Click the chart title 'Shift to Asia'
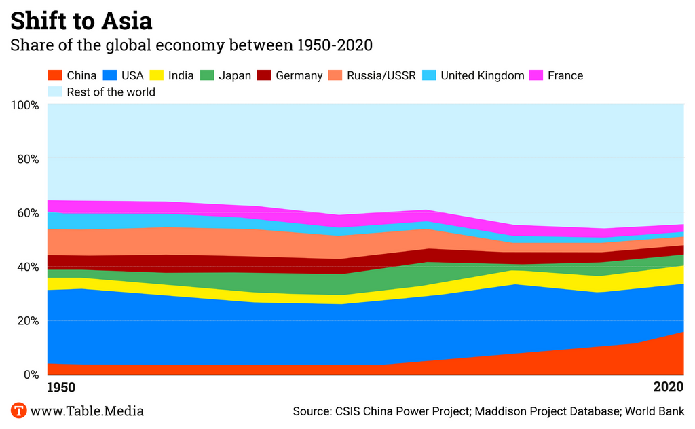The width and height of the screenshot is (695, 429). [81, 20]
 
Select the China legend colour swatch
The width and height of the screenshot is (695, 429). [55, 75]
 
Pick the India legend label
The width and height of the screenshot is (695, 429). [181, 75]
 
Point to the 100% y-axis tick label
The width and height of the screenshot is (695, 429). [24, 105]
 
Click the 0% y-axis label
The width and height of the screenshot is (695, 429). [31, 375]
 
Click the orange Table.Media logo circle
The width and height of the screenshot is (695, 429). [18, 411]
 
